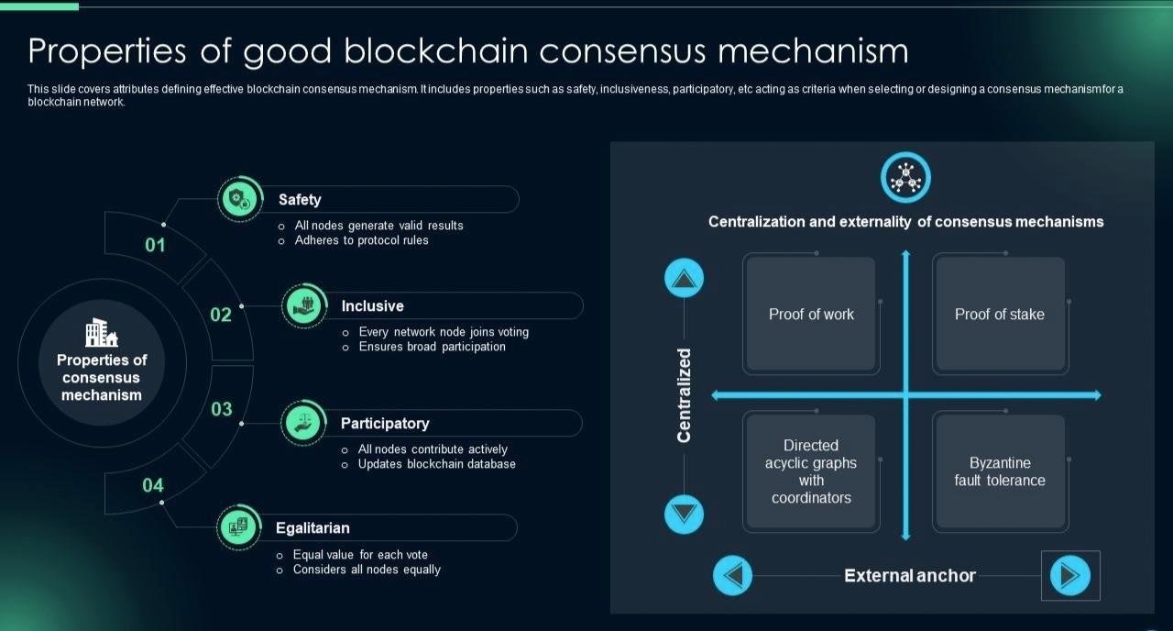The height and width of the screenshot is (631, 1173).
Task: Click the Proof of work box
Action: click(x=811, y=315)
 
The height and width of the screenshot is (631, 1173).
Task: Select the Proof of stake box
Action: click(x=999, y=315)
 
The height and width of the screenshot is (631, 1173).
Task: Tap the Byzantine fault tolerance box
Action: click(x=999, y=471)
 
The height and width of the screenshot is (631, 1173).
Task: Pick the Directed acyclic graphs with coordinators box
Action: click(x=811, y=471)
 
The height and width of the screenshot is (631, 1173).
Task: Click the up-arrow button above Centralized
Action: click(x=684, y=278)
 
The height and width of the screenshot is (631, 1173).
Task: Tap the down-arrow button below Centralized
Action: click(x=684, y=514)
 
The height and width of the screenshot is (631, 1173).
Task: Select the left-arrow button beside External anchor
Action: click(x=732, y=576)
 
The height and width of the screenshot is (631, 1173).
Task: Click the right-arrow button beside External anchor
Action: click(x=1069, y=576)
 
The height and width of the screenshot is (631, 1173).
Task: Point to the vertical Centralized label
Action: click(x=684, y=395)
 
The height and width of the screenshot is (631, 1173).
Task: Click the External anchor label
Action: click(x=909, y=576)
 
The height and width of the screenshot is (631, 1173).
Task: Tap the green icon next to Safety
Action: click(x=239, y=198)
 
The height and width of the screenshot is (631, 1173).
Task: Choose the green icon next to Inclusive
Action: click(x=304, y=304)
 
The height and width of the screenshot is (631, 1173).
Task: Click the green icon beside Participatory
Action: click(x=303, y=422)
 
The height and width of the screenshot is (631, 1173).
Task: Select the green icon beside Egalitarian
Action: click(x=238, y=527)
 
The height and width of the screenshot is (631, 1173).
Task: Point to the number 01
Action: click(x=156, y=246)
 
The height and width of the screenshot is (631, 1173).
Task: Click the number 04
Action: click(x=153, y=485)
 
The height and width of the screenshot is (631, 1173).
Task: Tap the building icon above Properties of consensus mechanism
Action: click(x=101, y=333)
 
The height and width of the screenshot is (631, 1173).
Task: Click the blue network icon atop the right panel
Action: click(x=905, y=177)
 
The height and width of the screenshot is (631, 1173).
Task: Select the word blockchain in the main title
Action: click(x=437, y=51)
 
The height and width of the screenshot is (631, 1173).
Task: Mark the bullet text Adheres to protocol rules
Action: click(x=361, y=240)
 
